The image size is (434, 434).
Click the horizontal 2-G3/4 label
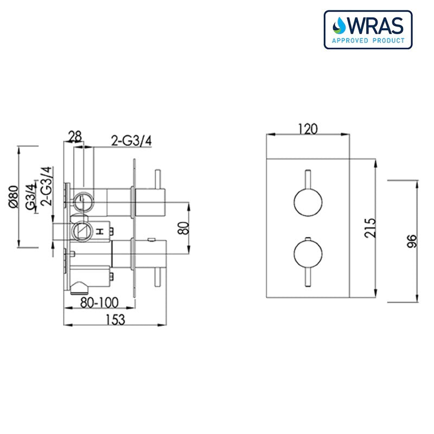click(131, 141)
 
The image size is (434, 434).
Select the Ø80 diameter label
click(14, 197)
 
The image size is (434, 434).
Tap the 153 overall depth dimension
click(116, 320)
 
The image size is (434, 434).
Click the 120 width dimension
click(308, 129)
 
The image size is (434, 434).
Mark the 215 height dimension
click(369, 228)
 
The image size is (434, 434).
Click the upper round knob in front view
click(308, 202)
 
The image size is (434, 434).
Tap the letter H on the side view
click(99, 232)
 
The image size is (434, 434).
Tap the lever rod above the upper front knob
click(308, 177)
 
